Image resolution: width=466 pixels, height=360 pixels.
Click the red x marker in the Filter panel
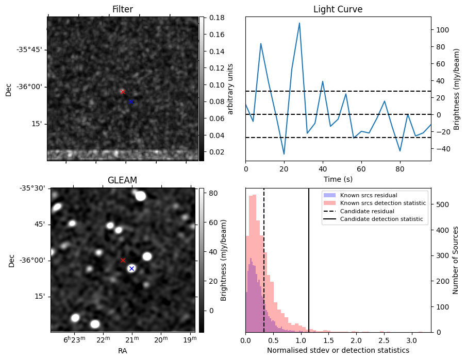(x=123, y=92)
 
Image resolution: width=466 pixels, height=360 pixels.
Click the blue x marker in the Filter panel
(x=131, y=101)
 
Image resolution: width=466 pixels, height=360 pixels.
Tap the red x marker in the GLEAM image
(x=123, y=260)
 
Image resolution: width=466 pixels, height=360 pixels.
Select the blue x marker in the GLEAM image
(x=131, y=268)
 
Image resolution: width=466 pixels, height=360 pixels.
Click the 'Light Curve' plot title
(x=338, y=9)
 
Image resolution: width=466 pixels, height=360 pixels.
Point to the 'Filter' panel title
(x=123, y=9)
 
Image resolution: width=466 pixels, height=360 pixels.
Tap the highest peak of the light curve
(x=299, y=23)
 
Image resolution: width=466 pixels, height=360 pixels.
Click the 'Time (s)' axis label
(x=338, y=179)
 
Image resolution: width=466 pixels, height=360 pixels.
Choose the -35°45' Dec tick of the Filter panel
(x=29, y=49)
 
